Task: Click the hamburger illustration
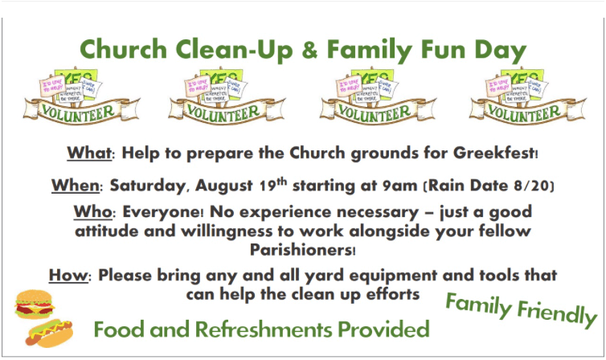coord(34,305)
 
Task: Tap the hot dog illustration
coord(49,333)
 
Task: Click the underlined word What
coord(89,153)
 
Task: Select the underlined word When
coord(76,186)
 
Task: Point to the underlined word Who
coord(92,211)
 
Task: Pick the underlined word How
coord(68,276)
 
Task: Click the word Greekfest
coord(494,153)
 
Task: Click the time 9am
coord(399,186)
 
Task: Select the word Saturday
coord(147,186)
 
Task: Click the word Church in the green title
coord(123,50)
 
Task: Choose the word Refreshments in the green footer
coord(263,329)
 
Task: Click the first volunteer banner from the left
coord(81,96)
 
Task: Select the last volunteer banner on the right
coord(527,96)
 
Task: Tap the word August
coord(224,186)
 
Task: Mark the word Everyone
coord(162,212)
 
